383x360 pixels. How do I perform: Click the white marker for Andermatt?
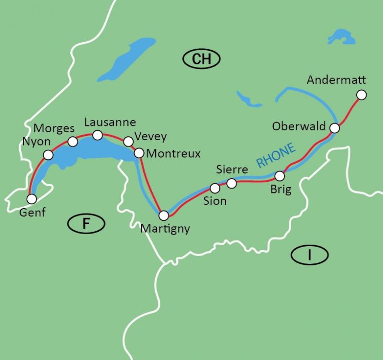click(x=361, y=95)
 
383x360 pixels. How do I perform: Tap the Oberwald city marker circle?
click(x=335, y=128)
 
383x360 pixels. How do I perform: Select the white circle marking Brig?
click(x=280, y=175)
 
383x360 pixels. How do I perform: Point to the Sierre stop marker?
click(x=231, y=183)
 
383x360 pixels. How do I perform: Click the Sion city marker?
click(x=215, y=188)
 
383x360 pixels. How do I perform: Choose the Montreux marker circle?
click(x=139, y=153)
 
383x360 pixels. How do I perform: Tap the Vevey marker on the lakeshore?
click(x=128, y=141)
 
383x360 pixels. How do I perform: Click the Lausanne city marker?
click(x=97, y=135)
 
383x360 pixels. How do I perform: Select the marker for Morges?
click(x=73, y=141)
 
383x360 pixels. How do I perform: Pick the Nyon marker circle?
click(x=48, y=155)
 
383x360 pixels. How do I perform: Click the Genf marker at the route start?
click(x=32, y=198)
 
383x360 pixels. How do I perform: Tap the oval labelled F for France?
click(x=86, y=223)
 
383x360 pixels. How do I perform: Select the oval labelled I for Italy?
click(x=309, y=256)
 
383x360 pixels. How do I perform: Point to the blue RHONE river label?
click(x=276, y=155)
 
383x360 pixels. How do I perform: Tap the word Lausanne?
click(x=110, y=123)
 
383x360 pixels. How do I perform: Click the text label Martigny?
click(x=165, y=229)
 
